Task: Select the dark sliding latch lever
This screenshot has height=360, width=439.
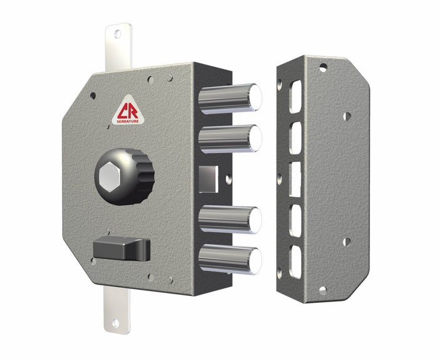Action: [x=122, y=249]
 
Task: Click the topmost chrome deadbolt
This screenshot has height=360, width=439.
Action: [x=229, y=98]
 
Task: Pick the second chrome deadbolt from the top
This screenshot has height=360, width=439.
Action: [x=229, y=139]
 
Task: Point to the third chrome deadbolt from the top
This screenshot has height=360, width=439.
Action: [x=229, y=220]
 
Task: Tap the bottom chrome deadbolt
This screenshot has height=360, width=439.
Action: [x=229, y=259]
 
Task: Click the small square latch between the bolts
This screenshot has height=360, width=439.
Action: [x=208, y=179]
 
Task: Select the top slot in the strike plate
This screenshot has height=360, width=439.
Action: [x=295, y=96]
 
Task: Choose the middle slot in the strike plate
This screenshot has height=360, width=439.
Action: [x=295, y=178]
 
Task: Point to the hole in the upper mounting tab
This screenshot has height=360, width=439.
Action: [x=117, y=34]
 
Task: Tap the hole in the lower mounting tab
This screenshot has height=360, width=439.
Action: [x=115, y=323]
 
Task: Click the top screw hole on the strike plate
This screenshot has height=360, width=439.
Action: [x=322, y=68]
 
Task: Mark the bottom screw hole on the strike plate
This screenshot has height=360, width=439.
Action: [x=322, y=290]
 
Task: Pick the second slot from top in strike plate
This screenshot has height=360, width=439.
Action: [x=295, y=137]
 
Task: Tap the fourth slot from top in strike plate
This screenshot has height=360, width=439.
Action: [x=295, y=220]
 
